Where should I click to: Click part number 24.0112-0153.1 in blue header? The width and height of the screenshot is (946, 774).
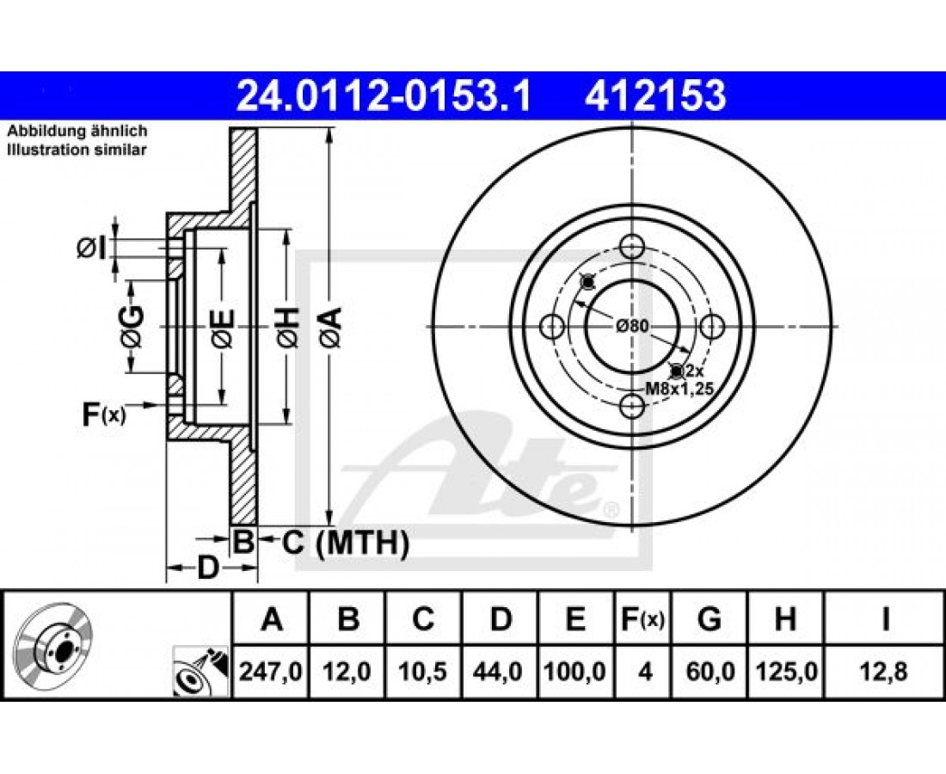[x=384, y=95]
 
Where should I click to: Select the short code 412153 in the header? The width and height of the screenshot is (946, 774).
[x=655, y=95]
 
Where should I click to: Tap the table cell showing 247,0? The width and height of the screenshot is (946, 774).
[x=271, y=672]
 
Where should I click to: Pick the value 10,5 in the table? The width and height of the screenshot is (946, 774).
[x=422, y=672]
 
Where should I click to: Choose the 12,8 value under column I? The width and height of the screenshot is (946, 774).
[x=885, y=672]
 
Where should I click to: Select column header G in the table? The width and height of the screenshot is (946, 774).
[x=709, y=619]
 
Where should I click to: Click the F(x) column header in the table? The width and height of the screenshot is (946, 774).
[x=643, y=619]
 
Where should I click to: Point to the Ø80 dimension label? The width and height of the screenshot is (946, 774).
[x=632, y=327]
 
